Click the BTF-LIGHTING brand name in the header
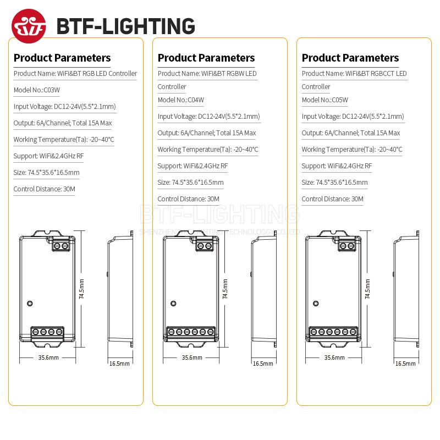click(125, 25)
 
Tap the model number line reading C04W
click(181, 100)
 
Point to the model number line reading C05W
click(325, 100)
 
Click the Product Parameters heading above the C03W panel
click(62, 58)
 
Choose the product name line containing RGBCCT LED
click(354, 74)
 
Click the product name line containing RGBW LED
click(207, 74)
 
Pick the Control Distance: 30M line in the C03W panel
click(45, 189)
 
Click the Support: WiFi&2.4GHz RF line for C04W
click(193, 166)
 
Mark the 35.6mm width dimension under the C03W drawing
click(48, 358)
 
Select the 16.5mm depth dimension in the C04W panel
click(263, 363)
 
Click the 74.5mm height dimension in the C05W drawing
click(367, 288)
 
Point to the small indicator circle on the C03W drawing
click(30, 302)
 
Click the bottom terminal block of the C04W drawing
click(191, 332)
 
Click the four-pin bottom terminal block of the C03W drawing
click(47, 332)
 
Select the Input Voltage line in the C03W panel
click(64, 106)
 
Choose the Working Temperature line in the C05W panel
click(352, 149)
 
